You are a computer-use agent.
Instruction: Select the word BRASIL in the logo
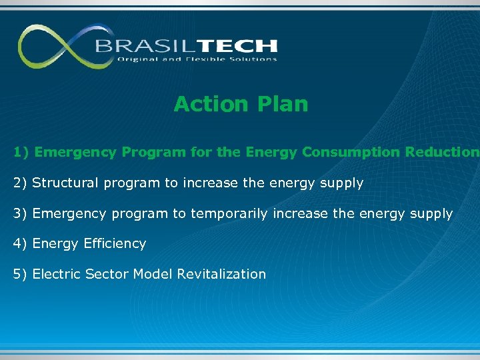[138, 46]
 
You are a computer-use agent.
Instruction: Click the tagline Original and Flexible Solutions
[197, 59]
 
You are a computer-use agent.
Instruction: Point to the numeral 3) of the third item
[21, 214]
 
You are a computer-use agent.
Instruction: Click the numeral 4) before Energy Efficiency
[21, 244]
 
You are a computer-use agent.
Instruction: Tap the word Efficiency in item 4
[115, 244]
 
